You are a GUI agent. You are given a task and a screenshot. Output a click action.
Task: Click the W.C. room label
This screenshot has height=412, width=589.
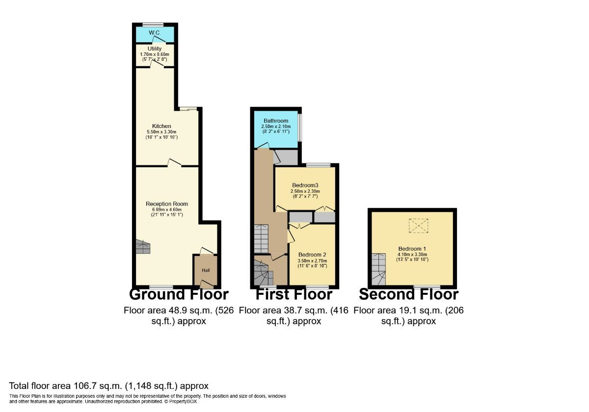click(x=155, y=33)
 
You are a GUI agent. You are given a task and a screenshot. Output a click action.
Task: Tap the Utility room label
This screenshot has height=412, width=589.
click(x=155, y=49)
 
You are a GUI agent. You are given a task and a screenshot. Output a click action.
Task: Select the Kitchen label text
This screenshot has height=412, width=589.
click(x=161, y=126)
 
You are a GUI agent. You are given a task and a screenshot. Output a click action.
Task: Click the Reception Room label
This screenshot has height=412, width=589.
click(x=167, y=204)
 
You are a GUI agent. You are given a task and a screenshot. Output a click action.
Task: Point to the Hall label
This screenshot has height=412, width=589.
click(x=206, y=270)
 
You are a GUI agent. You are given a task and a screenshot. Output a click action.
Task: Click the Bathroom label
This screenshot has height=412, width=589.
click(x=276, y=121)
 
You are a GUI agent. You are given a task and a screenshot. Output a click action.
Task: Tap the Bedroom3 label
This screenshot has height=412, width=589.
click(x=305, y=185)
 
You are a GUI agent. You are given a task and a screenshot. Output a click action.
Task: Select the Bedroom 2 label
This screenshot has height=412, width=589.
click(x=312, y=255)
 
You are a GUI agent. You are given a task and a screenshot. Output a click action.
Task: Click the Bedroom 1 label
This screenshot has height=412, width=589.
click(x=412, y=249)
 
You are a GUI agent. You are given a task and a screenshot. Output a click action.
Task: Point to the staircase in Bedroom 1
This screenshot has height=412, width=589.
click(x=378, y=269)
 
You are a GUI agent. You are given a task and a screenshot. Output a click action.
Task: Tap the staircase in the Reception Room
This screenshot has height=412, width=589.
click(x=142, y=247)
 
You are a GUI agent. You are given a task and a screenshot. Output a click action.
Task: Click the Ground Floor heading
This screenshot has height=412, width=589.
click(x=179, y=294)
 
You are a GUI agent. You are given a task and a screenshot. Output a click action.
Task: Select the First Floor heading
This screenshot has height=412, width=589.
click(x=294, y=294)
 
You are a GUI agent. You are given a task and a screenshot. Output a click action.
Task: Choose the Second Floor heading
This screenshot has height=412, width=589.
click(x=408, y=294)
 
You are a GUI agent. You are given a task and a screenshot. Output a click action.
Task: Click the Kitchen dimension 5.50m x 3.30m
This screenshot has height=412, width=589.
click(x=161, y=132)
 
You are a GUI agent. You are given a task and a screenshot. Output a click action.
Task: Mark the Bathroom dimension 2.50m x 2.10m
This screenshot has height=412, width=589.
click(x=276, y=127)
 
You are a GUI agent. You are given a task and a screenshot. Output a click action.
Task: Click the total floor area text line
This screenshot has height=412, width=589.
click(x=109, y=386)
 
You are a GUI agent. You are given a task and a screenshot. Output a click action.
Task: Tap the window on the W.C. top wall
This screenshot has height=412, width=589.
click(x=153, y=25)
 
